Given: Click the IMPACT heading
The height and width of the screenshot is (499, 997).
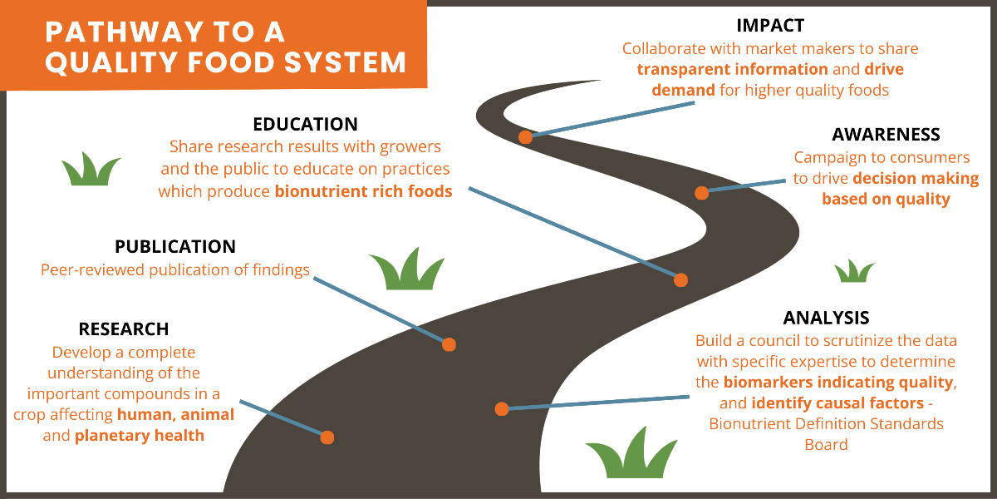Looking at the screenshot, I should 770,26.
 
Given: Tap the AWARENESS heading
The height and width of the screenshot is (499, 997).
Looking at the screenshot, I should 886,135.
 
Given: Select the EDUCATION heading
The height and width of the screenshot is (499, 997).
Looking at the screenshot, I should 305,125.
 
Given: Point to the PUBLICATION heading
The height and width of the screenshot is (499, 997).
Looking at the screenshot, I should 175,247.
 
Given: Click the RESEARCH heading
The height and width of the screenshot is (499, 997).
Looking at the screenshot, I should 124,329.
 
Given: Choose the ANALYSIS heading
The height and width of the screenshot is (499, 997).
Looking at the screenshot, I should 826,318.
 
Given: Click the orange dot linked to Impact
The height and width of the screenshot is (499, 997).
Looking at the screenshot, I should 525,137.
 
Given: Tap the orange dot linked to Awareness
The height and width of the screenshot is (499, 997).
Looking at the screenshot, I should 701,193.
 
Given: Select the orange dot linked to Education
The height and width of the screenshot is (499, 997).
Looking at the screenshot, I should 680,280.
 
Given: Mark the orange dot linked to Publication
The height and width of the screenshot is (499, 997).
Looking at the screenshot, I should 449,344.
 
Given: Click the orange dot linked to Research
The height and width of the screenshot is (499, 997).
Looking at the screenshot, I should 327,437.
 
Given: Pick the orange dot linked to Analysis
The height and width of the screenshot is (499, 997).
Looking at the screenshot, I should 501,408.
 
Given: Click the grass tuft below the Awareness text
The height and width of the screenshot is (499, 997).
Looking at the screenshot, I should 854,272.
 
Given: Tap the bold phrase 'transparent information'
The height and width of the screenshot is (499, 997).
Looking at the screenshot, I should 732,69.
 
